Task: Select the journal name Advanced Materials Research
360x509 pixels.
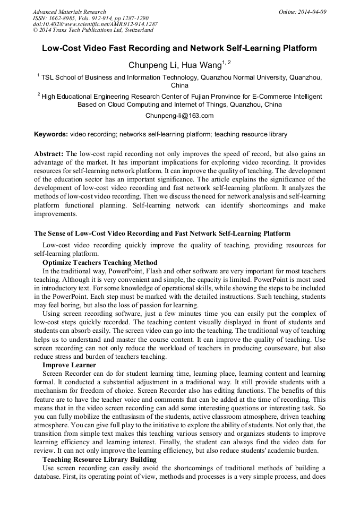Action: pos(69,11)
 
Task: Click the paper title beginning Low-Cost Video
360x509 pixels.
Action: pos(179,48)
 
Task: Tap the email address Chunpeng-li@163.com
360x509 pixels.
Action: pos(179,115)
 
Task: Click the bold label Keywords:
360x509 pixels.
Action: pos(51,134)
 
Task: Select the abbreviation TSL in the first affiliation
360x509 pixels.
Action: pos(48,77)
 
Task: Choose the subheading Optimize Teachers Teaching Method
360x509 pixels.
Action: pos(100,263)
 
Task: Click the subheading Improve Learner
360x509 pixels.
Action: pos(69,365)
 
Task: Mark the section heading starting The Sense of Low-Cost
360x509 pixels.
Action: pos(162,233)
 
